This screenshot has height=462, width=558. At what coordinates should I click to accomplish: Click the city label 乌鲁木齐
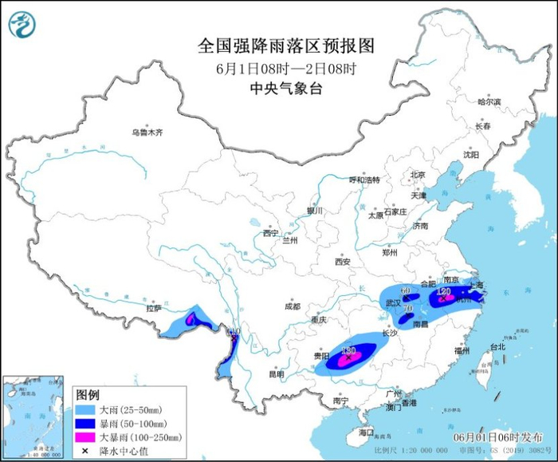147,132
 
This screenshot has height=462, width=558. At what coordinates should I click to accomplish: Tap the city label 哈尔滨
489,102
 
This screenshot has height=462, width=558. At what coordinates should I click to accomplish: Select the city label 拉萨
154,307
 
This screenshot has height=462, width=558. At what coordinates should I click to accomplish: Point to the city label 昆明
275,373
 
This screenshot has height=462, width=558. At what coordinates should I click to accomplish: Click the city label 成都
291,306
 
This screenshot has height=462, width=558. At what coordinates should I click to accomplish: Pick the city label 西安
343,261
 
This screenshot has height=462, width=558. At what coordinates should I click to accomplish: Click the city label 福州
462,350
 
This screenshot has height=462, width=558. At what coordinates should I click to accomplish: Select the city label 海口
366,432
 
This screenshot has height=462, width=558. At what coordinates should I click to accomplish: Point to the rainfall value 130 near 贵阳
348,351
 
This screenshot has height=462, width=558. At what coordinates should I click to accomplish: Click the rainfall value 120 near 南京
444,293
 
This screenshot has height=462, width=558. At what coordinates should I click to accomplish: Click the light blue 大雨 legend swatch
85,410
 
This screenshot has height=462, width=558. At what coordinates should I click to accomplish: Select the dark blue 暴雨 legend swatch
85,424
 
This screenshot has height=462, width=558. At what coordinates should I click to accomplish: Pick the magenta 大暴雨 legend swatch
85,437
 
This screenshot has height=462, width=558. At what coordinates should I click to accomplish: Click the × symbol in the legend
85,451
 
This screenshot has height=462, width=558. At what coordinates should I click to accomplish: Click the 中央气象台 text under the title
285,89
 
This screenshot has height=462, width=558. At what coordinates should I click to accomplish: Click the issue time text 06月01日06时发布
497,437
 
